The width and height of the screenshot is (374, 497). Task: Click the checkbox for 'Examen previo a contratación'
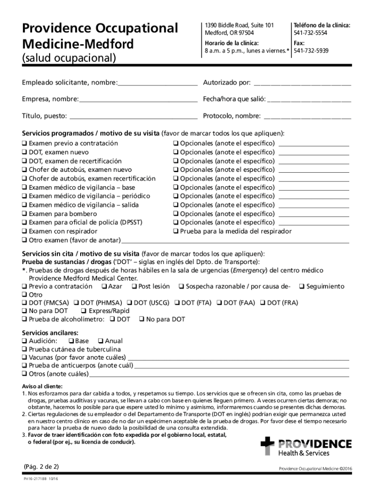(x=24, y=144)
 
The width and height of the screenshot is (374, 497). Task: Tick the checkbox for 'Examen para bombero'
(x=24, y=214)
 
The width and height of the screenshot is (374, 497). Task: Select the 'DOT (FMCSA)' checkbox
(x=24, y=303)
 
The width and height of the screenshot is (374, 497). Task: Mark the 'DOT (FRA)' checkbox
(x=263, y=303)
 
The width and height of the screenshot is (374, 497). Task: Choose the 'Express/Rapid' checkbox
(x=84, y=311)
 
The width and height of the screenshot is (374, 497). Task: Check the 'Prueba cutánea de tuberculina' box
(x=24, y=349)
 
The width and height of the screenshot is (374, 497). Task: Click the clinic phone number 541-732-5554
(x=310, y=33)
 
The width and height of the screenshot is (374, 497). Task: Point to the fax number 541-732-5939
(x=310, y=50)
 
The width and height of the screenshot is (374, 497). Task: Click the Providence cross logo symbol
(x=267, y=446)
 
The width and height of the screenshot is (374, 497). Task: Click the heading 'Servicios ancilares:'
(x=50, y=333)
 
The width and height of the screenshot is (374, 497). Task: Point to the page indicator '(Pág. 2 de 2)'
(x=41, y=466)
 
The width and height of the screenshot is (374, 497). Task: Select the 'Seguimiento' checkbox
(x=302, y=287)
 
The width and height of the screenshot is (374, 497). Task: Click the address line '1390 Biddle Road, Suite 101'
(x=239, y=25)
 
